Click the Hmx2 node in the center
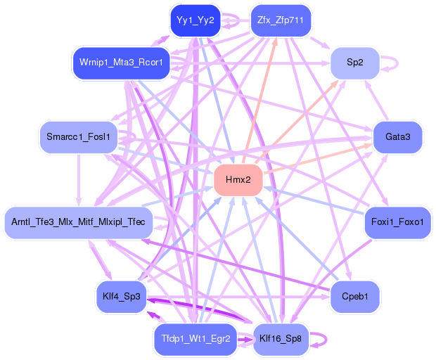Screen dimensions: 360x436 [x=238, y=180]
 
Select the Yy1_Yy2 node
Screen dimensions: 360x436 [x=195, y=20]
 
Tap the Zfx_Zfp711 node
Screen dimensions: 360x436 [x=281, y=20]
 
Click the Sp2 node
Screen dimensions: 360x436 [x=355, y=63]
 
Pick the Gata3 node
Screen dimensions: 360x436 [x=398, y=136]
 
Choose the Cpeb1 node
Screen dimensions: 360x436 [x=355, y=296]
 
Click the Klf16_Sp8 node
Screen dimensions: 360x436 [x=281, y=339]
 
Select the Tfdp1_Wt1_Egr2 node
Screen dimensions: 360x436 [x=195, y=339]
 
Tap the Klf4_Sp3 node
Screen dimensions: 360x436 [x=121, y=296]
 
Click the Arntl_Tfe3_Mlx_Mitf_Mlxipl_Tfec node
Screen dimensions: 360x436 [x=78, y=222]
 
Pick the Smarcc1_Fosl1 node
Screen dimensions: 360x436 [x=78, y=136]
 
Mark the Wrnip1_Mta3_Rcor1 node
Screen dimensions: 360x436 [x=121, y=63]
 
